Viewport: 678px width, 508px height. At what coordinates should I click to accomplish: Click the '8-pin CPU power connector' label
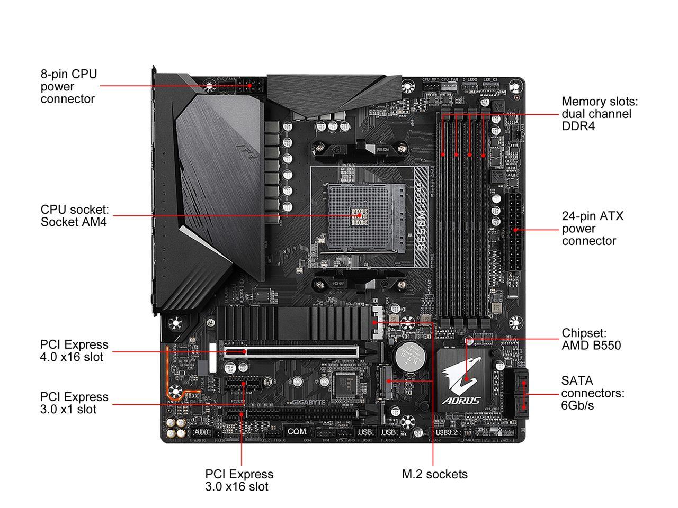pos(69,86)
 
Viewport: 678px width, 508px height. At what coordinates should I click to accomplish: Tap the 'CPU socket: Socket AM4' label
pos(75,215)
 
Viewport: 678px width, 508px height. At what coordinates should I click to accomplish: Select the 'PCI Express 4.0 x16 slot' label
pos(74,350)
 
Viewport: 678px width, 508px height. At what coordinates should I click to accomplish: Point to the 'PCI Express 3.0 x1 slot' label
pos(74,403)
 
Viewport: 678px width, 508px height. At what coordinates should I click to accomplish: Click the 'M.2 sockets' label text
pos(434,474)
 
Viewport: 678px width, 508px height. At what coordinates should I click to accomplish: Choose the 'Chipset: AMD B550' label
pos(591,339)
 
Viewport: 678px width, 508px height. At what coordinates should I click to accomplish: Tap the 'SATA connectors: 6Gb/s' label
pos(593,393)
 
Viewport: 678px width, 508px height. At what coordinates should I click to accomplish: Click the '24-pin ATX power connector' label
pos(593,229)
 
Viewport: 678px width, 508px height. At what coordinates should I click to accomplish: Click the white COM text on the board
pos(300,432)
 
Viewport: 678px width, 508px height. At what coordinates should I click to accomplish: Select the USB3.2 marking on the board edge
pos(445,432)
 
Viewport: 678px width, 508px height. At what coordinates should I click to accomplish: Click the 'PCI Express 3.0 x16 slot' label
pos(239,480)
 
